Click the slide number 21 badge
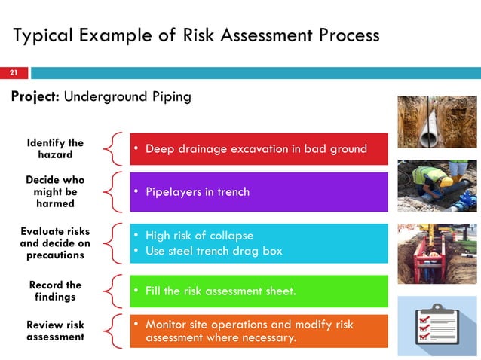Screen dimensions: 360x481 tap(14, 73)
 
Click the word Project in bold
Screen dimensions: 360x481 tap(35, 97)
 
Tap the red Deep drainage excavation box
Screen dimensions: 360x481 tap(259, 148)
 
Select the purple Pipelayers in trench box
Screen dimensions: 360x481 tap(259, 192)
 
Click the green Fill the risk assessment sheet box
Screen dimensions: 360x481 tap(259, 291)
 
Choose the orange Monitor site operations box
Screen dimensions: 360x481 tap(259, 331)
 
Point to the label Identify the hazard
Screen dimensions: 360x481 tap(55, 148)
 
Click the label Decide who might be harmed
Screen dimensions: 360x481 tap(55, 192)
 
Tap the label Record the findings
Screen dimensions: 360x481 tap(55, 291)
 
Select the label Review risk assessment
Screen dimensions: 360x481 tap(55, 331)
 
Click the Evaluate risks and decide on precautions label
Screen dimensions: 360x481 tap(55, 243)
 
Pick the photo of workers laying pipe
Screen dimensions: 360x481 tap(437, 185)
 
